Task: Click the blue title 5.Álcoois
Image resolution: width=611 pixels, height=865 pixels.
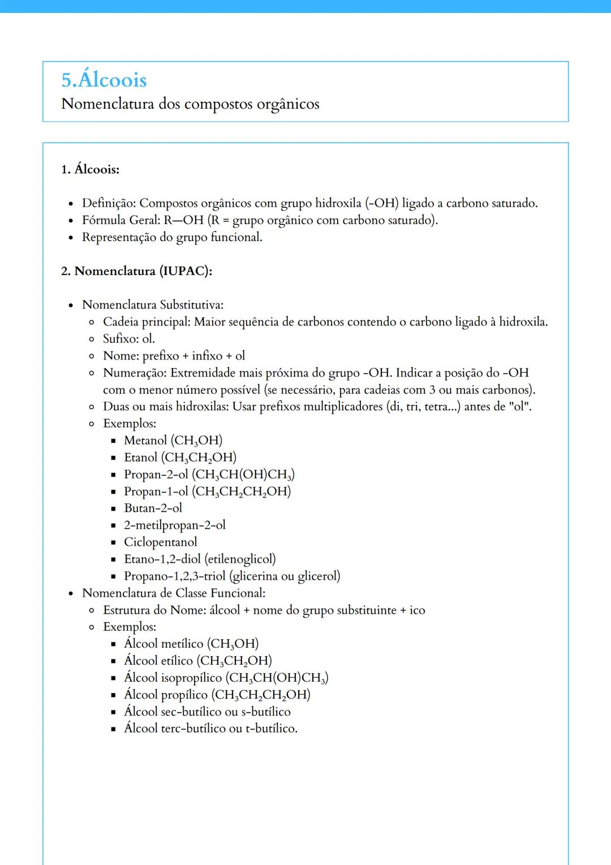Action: [104, 80]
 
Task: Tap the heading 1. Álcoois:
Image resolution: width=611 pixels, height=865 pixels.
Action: [91, 169]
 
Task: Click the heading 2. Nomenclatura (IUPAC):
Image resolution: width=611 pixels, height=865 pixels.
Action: [136, 271]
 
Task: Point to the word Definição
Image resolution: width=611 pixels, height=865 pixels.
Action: [109, 203]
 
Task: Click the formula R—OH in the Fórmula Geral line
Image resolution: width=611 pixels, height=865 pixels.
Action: [183, 220]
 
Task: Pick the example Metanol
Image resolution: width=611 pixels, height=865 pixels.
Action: [145, 440]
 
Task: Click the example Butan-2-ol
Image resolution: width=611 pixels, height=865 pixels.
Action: [153, 508]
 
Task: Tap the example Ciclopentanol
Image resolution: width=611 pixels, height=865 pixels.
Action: [161, 542]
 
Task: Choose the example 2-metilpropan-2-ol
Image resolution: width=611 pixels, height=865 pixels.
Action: [175, 525]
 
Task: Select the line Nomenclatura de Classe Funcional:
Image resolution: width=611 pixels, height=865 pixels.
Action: [174, 593]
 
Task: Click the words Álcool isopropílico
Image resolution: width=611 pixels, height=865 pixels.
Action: [173, 678]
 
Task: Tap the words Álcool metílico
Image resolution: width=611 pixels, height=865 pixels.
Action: [163, 644]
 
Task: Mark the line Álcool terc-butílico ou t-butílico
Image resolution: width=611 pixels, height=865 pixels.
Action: [210, 729]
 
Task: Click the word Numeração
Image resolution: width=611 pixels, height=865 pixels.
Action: [134, 372]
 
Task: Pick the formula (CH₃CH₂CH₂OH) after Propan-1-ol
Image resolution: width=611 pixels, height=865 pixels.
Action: [242, 491]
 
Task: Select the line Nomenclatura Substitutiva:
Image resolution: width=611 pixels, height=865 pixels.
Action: [153, 305]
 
